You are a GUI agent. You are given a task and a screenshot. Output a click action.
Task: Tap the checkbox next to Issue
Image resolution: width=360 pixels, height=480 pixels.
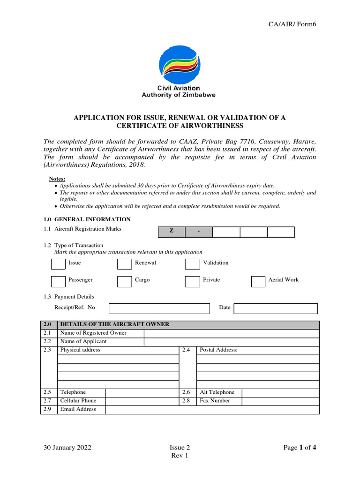pos(58,264)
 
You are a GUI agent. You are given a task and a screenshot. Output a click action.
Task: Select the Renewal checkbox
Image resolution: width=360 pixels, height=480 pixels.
pos(124,264)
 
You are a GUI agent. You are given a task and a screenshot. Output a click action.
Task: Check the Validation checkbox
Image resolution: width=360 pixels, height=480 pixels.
pos(192,264)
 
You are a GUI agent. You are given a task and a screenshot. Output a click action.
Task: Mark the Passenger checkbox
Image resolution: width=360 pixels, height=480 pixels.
pos(58,281)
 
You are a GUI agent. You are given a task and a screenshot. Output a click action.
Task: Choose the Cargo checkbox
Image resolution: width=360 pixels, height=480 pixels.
pos(124,281)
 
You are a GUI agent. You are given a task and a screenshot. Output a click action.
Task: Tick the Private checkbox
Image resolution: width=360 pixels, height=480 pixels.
pos(192,281)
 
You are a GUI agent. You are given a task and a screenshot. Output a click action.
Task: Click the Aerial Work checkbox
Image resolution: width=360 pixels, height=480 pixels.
pos(258,281)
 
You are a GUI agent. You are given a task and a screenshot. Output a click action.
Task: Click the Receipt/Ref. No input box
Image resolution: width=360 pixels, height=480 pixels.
pos(159,308)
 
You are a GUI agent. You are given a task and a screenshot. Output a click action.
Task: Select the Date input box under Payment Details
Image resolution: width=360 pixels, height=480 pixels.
pos(276,308)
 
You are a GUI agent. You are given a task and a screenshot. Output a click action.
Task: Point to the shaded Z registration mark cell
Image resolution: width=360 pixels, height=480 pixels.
pos(171,232)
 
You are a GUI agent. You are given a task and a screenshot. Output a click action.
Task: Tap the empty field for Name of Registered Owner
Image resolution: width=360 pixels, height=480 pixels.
pos(232,333)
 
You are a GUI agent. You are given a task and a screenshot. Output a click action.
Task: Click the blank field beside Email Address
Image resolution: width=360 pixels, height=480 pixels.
pos(212,410)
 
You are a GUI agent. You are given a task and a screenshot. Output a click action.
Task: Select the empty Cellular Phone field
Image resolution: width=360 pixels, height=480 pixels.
pos(142,401)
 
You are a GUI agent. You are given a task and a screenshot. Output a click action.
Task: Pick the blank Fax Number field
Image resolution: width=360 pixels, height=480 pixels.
pos(280,401)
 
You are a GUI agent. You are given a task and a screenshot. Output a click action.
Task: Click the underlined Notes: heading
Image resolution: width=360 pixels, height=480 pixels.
pos(57,179)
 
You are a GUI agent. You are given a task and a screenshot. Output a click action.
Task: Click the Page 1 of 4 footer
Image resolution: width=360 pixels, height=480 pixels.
pos(300,448)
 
